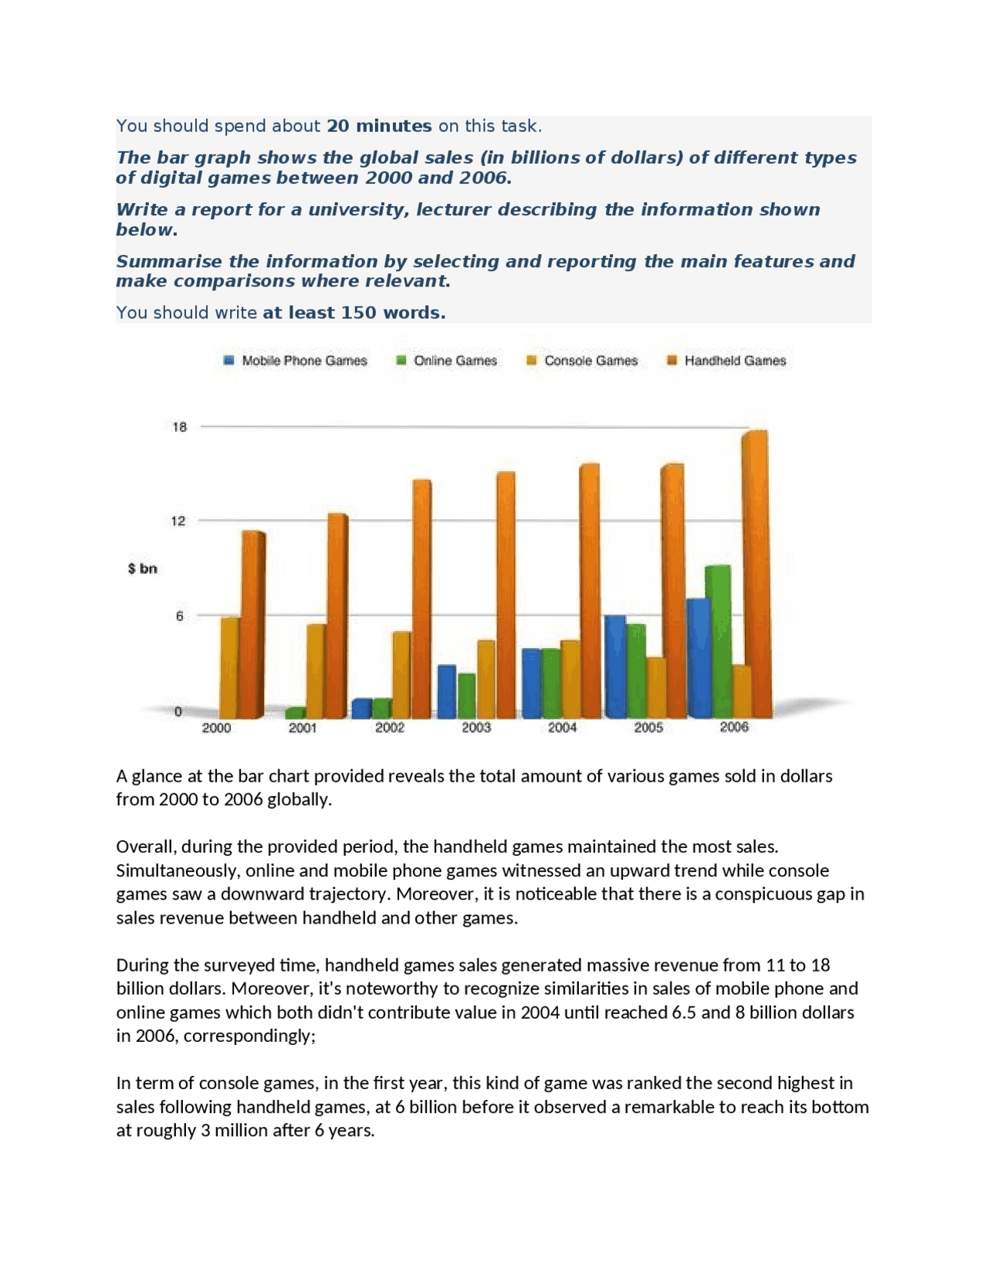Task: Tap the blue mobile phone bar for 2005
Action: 615,666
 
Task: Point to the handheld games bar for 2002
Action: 421,599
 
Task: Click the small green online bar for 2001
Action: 295,713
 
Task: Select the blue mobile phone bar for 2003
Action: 446,690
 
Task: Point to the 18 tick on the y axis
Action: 180,427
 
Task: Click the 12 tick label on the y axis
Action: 179,521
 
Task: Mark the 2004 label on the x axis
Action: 562,728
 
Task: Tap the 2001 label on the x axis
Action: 303,728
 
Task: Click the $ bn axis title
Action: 143,568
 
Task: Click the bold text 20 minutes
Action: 379,126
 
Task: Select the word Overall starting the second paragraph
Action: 146,846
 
